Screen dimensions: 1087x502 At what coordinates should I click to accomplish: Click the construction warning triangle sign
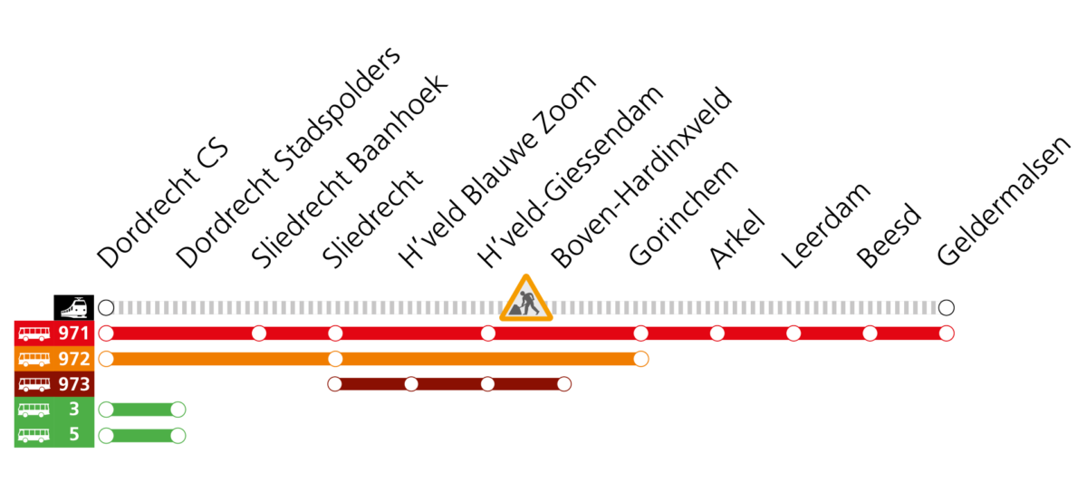[526, 299]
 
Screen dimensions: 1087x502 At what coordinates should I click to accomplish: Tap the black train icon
[73, 307]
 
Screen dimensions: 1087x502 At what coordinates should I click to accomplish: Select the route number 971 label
[74, 333]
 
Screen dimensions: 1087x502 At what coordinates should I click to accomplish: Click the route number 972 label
[74, 359]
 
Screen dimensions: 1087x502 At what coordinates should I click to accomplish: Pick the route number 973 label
[74, 384]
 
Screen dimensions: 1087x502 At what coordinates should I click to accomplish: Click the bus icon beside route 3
[34, 410]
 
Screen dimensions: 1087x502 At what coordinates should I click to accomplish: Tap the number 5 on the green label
[73, 434]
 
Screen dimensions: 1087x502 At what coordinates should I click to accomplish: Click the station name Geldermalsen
[1004, 200]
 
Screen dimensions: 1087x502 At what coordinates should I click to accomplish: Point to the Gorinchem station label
[683, 213]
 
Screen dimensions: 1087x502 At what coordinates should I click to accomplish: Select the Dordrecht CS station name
[162, 203]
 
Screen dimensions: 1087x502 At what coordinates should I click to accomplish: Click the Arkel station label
[736, 238]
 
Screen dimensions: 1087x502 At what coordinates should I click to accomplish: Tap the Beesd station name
[888, 236]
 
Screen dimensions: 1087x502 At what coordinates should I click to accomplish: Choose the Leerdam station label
[826, 226]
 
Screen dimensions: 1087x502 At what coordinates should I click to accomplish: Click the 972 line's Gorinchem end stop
[640, 359]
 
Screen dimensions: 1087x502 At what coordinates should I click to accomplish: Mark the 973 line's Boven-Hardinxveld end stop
[563, 384]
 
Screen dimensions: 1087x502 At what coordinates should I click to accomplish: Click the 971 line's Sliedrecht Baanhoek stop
[259, 333]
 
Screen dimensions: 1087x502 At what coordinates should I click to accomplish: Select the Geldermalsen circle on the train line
[947, 308]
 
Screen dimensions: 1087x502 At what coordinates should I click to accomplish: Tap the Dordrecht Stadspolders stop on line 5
[178, 436]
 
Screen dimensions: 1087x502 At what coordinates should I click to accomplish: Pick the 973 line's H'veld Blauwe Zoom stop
[411, 384]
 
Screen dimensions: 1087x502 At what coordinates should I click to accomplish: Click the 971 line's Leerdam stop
[794, 333]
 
